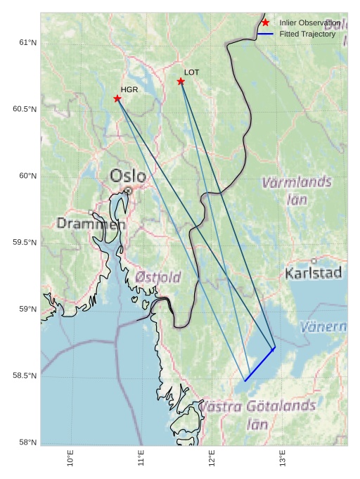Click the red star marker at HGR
117,98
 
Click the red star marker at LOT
181,82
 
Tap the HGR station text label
129,89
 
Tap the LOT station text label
192,72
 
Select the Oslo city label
128,176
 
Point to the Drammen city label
91,224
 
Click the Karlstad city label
314,273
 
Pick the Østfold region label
157,276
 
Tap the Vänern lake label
333,327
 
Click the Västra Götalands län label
257,414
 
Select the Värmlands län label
296,190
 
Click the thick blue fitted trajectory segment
259,364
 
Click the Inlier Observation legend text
309,23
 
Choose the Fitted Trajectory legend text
307,34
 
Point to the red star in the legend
265,23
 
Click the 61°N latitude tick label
27,43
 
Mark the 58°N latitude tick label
27,442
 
